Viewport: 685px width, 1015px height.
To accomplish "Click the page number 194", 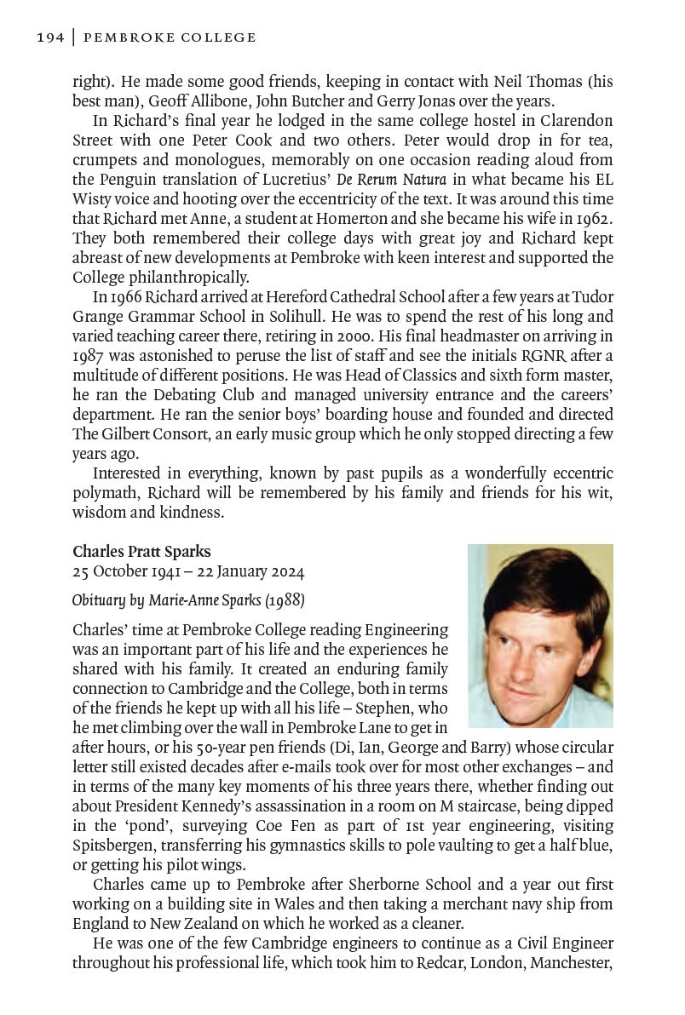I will point(50,37).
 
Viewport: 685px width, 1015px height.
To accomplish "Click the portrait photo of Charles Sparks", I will point(540,635).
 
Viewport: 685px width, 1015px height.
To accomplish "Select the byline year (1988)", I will point(285,600).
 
